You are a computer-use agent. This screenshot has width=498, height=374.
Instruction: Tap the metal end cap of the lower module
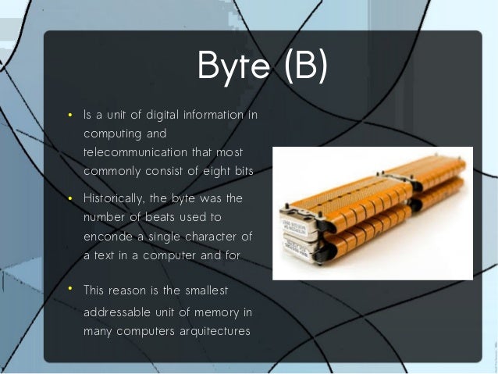click(300, 249)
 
